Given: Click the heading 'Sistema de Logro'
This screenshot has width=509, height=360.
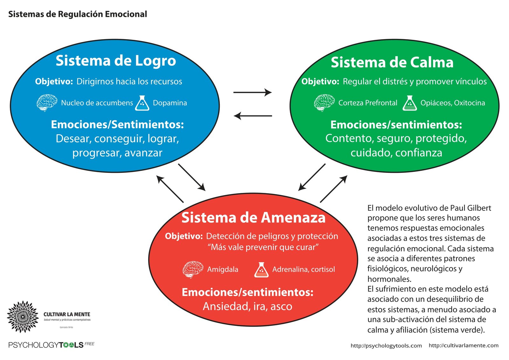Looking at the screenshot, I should [x=116, y=60].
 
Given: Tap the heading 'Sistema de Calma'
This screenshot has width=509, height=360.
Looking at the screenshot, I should [x=392, y=62].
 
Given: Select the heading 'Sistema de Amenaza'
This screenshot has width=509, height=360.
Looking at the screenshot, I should [x=253, y=218].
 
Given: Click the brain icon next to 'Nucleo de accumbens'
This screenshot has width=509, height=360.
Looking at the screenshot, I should [x=47, y=102].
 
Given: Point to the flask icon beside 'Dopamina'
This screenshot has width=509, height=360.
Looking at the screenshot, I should [x=142, y=103].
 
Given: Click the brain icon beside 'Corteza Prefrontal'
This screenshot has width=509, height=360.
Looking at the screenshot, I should [x=324, y=102].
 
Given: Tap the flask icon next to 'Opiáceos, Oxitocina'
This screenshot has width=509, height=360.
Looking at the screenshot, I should [x=409, y=103].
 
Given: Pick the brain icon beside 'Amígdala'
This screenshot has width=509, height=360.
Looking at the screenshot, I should [x=193, y=269].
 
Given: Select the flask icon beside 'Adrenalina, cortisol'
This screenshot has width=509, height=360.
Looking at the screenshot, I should [x=261, y=270].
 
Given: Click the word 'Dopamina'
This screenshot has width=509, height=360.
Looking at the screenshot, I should [x=170, y=103].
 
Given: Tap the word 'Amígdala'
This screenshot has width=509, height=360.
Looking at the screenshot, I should [x=223, y=269].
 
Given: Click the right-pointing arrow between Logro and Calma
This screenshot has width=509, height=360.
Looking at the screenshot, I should [x=252, y=92].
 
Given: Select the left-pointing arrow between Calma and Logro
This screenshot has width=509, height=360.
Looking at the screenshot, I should [x=253, y=116].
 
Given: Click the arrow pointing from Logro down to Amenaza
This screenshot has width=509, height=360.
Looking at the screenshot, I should [x=192, y=177].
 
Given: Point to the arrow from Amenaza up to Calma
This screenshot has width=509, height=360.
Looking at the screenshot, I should [x=333, y=189].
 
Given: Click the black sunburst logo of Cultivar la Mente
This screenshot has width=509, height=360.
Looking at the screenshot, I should [x=23, y=317].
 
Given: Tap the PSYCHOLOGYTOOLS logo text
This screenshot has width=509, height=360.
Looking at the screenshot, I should [x=46, y=345].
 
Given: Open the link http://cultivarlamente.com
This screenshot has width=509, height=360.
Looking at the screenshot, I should [x=464, y=345].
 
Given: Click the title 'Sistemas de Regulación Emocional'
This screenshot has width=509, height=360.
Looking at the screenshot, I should [x=78, y=14].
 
